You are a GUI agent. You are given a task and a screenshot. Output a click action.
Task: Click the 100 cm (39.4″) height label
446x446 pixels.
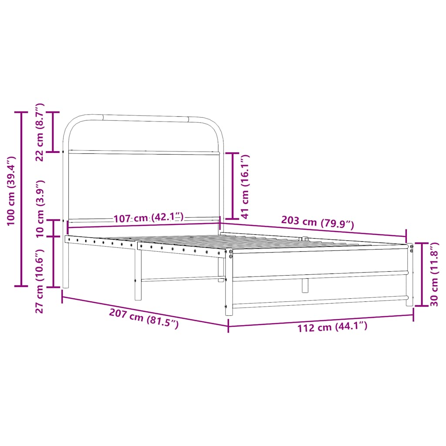coord(11,191)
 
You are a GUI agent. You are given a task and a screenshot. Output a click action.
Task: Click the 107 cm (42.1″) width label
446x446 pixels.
coord(149,218)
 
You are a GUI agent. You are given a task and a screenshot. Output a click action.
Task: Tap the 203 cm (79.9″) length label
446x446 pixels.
coord(318,223)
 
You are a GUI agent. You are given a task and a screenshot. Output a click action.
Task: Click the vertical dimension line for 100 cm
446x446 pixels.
coord(21,199)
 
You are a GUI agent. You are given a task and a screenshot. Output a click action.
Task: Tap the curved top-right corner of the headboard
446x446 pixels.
coord(216,125)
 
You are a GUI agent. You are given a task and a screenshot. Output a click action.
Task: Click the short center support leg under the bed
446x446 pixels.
coord(305,285)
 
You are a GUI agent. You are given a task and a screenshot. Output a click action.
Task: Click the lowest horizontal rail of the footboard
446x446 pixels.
coord(320,301)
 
